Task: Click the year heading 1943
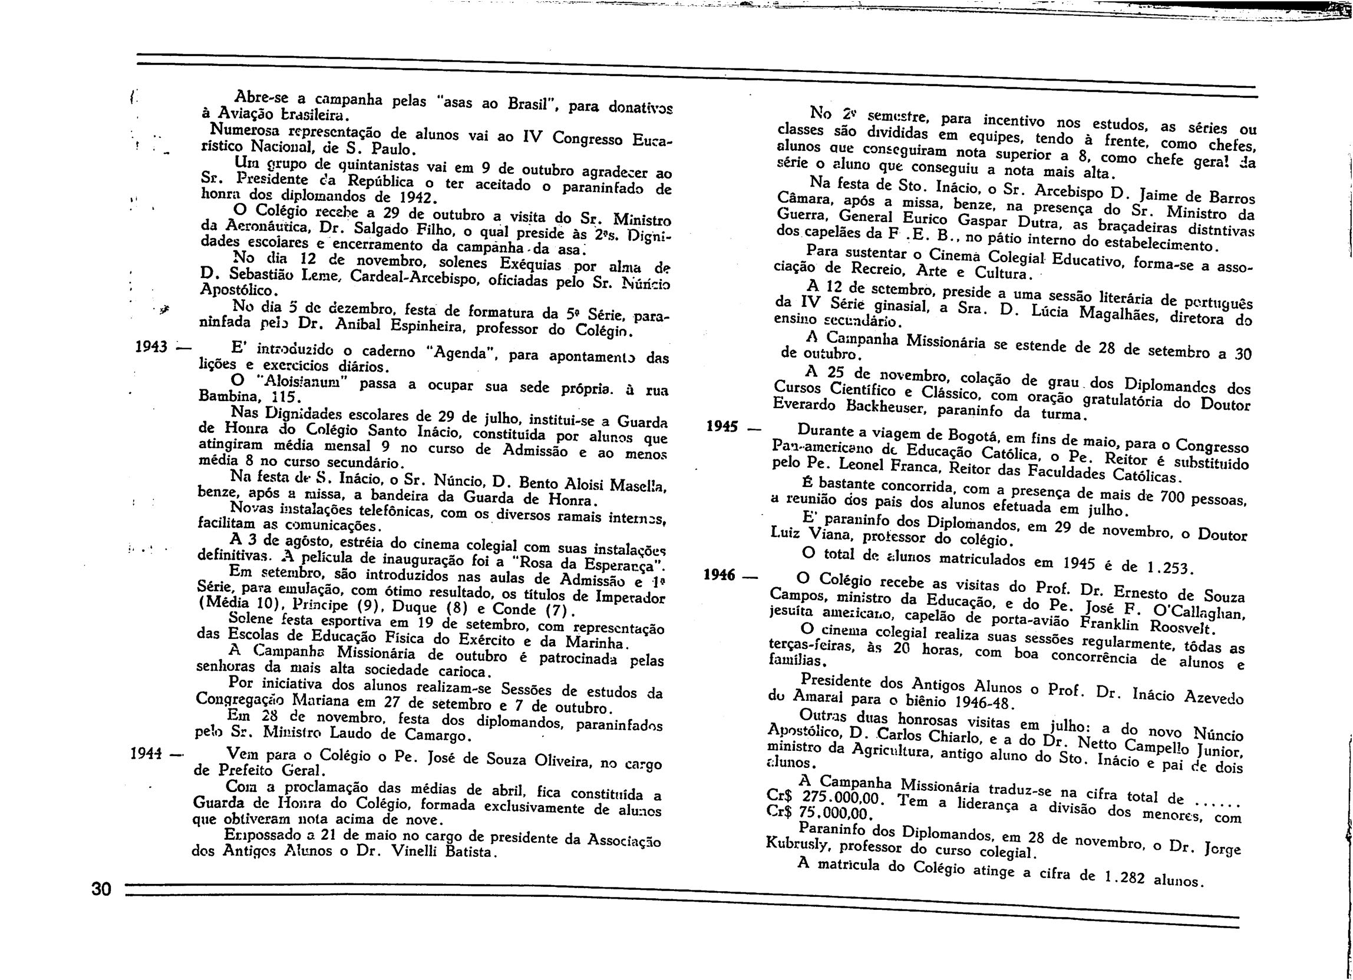(150, 346)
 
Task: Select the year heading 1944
(146, 753)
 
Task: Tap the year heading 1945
(723, 426)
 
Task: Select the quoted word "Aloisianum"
(304, 382)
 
